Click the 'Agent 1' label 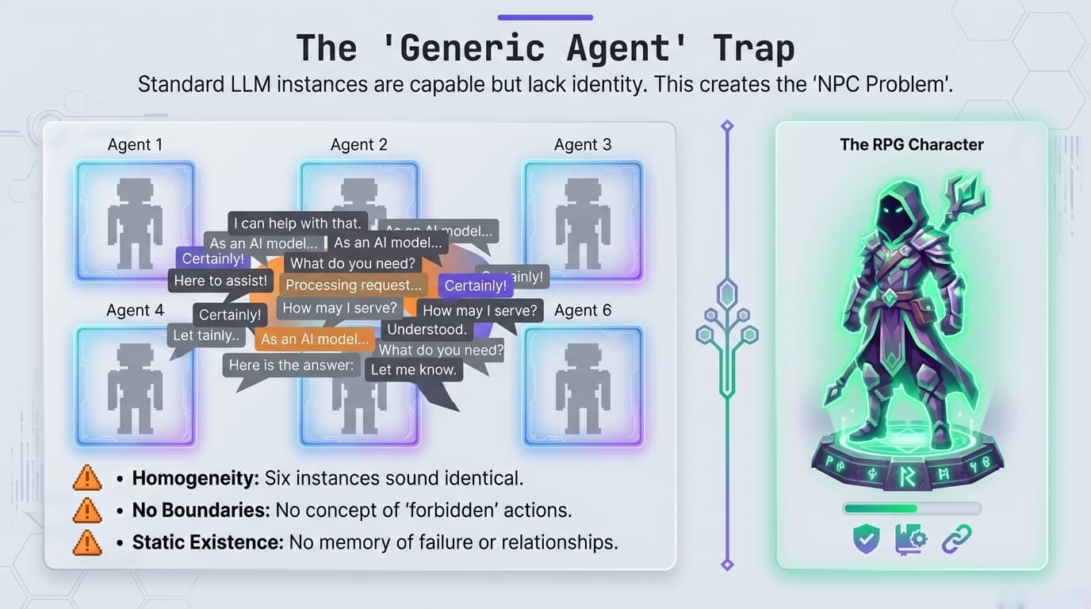[x=135, y=144]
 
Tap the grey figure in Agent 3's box [x=583, y=223]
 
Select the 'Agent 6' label [x=583, y=310]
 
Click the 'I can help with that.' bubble [x=297, y=223]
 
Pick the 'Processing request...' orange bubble [x=354, y=285]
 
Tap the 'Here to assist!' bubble [x=220, y=281]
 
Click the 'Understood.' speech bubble [x=427, y=329]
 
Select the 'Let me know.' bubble [x=413, y=369]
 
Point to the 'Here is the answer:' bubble [x=291, y=365]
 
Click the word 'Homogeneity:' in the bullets [x=195, y=478]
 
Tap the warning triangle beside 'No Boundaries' [x=86, y=510]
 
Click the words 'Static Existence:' [x=207, y=542]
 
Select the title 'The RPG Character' [x=911, y=144]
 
